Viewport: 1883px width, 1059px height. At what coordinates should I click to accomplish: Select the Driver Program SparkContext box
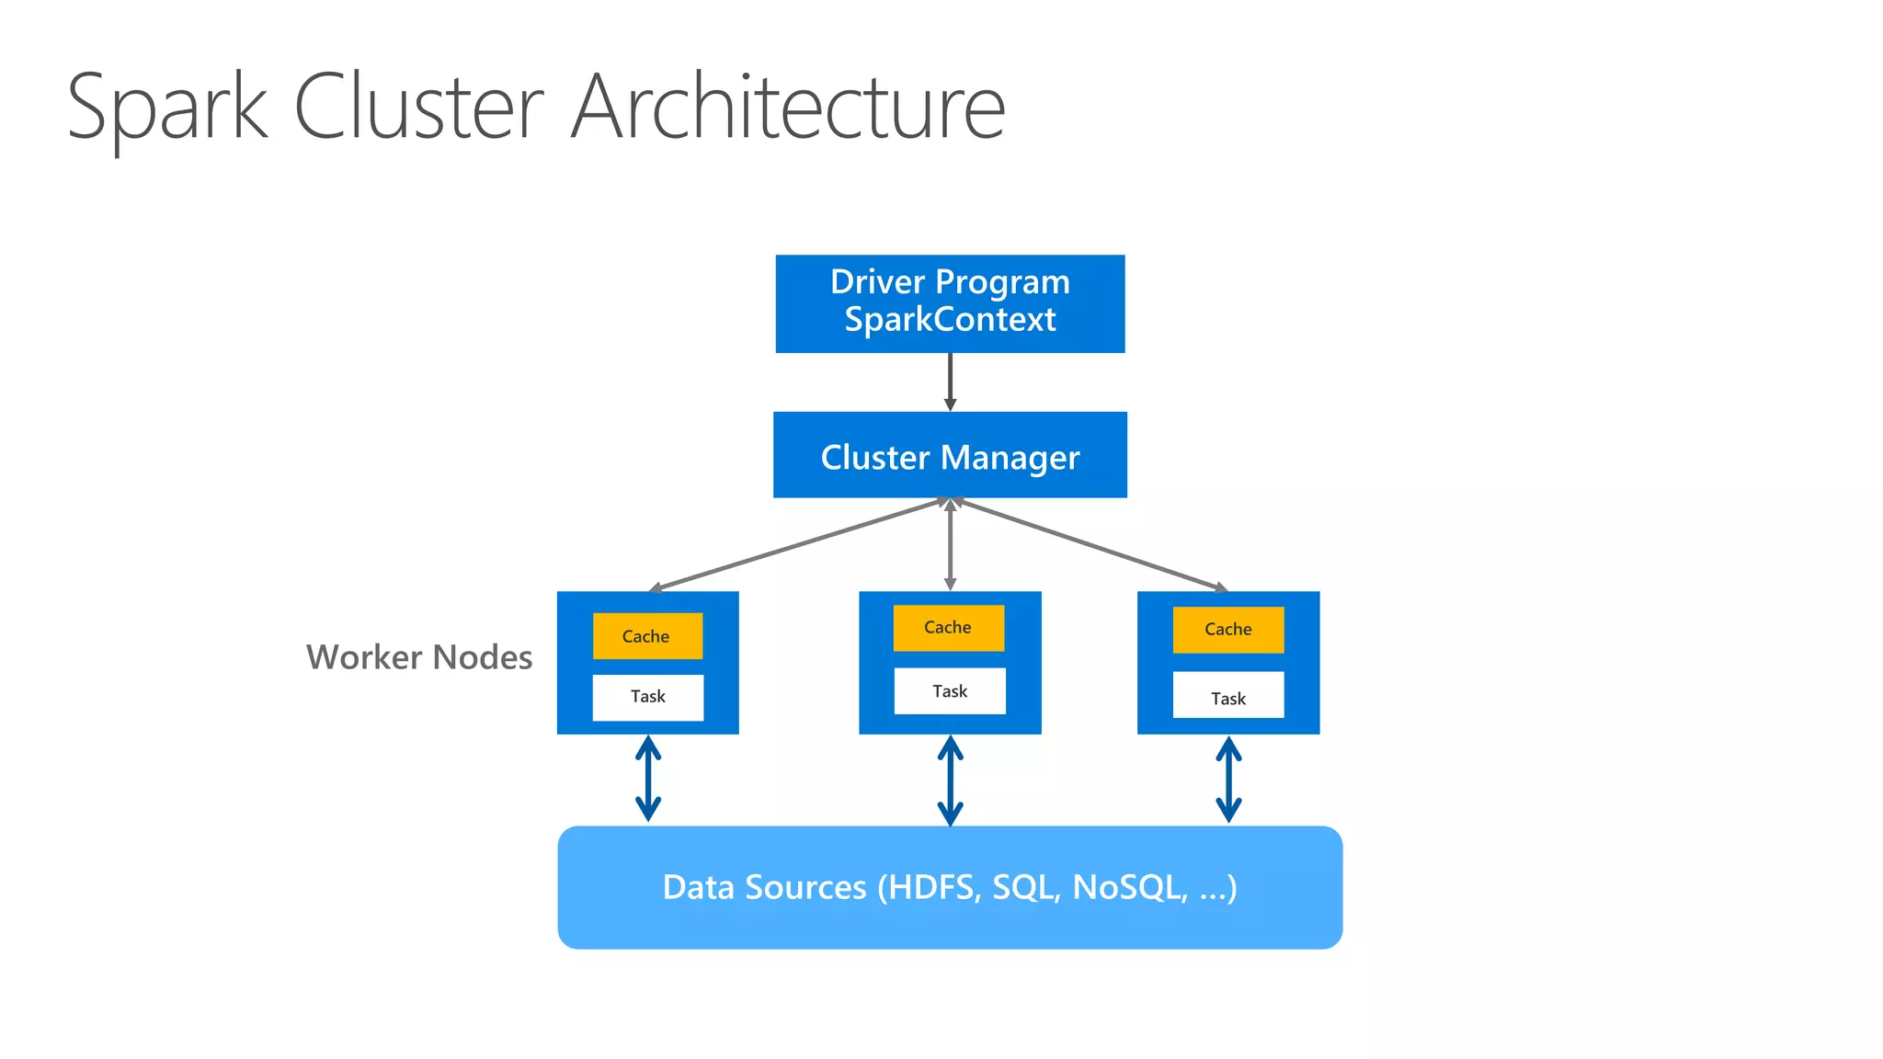[x=950, y=303]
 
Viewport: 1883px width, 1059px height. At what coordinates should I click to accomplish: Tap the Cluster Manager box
[x=950, y=455]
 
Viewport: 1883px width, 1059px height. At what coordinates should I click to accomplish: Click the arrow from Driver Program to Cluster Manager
[x=950, y=381]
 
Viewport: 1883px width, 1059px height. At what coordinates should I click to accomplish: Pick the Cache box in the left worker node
[x=647, y=636]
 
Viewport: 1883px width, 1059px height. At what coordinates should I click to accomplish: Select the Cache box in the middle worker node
[x=948, y=628]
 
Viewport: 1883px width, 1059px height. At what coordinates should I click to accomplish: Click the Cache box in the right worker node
[x=1227, y=630]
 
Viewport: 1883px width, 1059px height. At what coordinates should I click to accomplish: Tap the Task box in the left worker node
[x=647, y=697]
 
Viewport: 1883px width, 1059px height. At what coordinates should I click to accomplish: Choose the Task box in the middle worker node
[x=950, y=691]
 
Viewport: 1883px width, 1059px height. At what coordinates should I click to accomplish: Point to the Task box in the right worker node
[x=1227, y=699]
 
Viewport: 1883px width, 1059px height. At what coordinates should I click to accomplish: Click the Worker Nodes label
[x=419, y=657]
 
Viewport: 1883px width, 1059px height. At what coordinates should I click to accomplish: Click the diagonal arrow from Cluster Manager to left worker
[x=795, y=543]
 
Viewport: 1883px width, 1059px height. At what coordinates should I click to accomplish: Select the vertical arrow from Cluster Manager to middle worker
[x=950, y=544]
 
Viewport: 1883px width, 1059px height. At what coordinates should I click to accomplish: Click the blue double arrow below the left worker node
[x=648, y=779]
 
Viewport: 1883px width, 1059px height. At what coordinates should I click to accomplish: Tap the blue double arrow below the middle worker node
[x=950, y=780]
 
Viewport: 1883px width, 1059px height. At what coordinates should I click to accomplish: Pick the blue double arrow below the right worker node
[x=1228, y=780]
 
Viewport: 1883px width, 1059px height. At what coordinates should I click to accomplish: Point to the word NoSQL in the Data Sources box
[x=1130, y=888]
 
